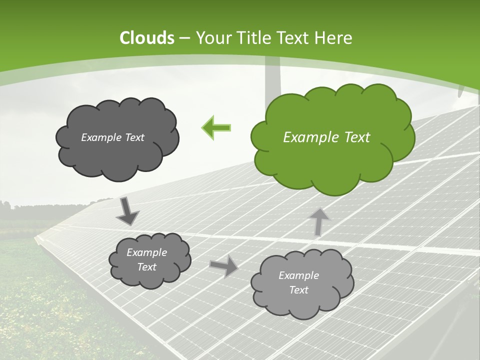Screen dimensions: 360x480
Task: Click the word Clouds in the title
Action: point(147,38)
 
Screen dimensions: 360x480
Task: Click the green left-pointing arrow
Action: point(216,128)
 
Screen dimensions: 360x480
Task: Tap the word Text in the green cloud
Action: point(354,137)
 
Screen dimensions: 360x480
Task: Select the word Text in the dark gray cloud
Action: point(134,137)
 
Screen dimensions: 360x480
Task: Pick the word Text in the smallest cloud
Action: point(146,267)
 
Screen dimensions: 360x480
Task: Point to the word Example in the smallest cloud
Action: point(146,252)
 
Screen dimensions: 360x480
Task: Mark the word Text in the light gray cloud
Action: point(298,290)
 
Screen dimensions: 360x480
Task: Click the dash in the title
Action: point(184,38)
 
